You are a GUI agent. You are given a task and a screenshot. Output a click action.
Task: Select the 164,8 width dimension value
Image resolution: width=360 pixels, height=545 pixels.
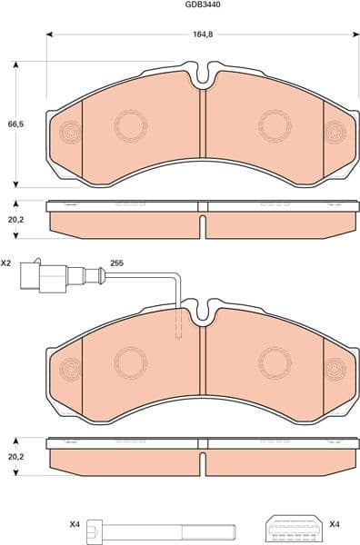pos(202,35)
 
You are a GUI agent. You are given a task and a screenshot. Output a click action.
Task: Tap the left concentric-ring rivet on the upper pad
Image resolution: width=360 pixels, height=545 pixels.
pos(70,134)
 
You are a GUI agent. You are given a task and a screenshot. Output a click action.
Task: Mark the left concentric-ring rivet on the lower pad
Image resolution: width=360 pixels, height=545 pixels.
pos(70,370)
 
